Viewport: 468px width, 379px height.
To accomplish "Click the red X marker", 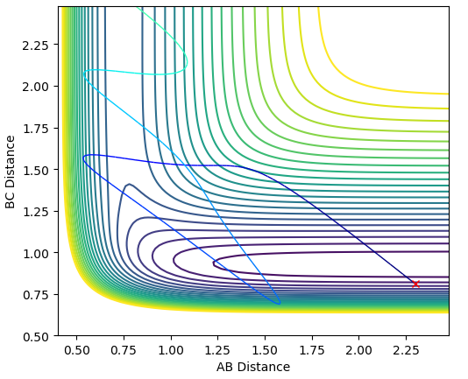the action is pyautogui.click(x=415, y=284).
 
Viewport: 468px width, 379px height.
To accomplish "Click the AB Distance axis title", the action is pyautogui.click(x=253, y=367).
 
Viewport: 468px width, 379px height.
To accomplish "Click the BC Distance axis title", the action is pyautogui.click(x=11, y=172).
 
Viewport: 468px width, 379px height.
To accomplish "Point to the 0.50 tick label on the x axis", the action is pyautogui.click(x=77, y=351).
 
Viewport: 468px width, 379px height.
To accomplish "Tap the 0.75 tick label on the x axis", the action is pyautogui.click(x=124, y=351).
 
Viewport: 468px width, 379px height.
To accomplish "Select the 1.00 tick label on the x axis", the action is pyautogui.click(x=171, y=351).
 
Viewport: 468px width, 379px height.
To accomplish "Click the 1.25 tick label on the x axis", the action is pyautogui.click(x=217, y=351).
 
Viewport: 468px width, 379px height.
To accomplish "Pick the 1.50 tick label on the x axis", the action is pyautogui.click(x=265, y=351).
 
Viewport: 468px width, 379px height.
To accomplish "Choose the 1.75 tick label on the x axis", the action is pyautogui.click(x=312, y=351).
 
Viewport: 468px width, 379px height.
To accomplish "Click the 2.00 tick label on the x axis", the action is pyautogui.click(x=358, y=351).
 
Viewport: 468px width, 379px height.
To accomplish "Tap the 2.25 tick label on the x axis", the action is pyautogui.click(x=406, y=351).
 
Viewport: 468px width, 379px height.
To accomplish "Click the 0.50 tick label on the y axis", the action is pyautogui.click(x=36, y=336).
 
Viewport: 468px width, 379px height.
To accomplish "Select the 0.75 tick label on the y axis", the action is pyautogui.click(x=36, y=295).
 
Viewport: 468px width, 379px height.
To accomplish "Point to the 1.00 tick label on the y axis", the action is pyautogui.click(x=36, y=253).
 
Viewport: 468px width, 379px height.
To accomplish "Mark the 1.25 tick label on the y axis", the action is pyautogui.click(x=36, y=212).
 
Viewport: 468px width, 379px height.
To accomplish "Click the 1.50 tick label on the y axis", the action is pyautogui.click(x=36, y=170).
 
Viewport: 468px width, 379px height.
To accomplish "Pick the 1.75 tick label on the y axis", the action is pyautogui.click(x=36, y=128).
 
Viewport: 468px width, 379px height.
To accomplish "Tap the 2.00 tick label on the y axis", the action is pyautogui.click(x=36, y=87).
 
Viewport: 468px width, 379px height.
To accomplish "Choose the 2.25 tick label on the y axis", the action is pyautogui.click(x=36, y=46).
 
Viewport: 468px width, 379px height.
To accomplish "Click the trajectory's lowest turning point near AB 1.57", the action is pyautogui.click(x=279, y=304).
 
